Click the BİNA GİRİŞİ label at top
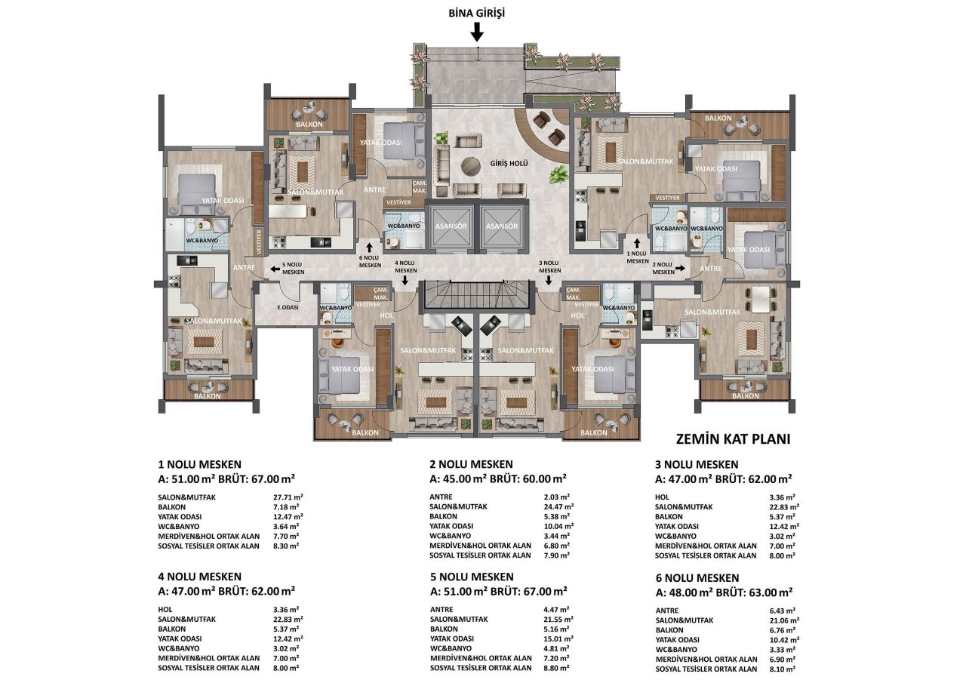[476, 14]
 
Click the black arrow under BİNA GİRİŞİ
[476, 32]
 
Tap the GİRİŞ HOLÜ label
[509, 164]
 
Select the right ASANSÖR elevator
[502, 226]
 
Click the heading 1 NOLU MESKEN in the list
[199, 464]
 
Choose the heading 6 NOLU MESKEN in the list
[698, 577]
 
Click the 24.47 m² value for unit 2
[560, 506]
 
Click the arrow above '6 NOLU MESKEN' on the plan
[369, 246]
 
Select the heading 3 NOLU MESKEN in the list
[697, 464]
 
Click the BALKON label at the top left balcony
[309, 124]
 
